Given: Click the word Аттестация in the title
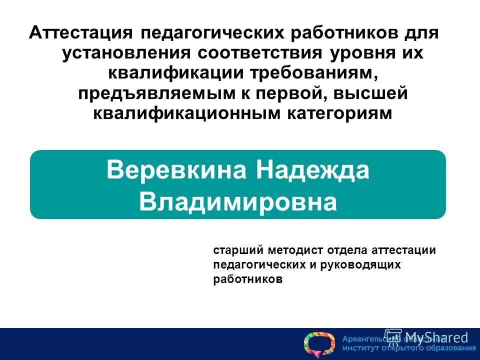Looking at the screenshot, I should pyautogui.click(x=80, y=33).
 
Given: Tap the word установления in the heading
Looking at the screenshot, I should pyautogui.click(x=125, y=53).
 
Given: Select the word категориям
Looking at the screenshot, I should pyautogui.click(x=340, y=113).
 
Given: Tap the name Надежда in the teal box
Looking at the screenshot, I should pyautogui.click(x=313, y=170).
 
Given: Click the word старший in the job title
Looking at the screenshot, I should pyautogui.click(x=238, y=250).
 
